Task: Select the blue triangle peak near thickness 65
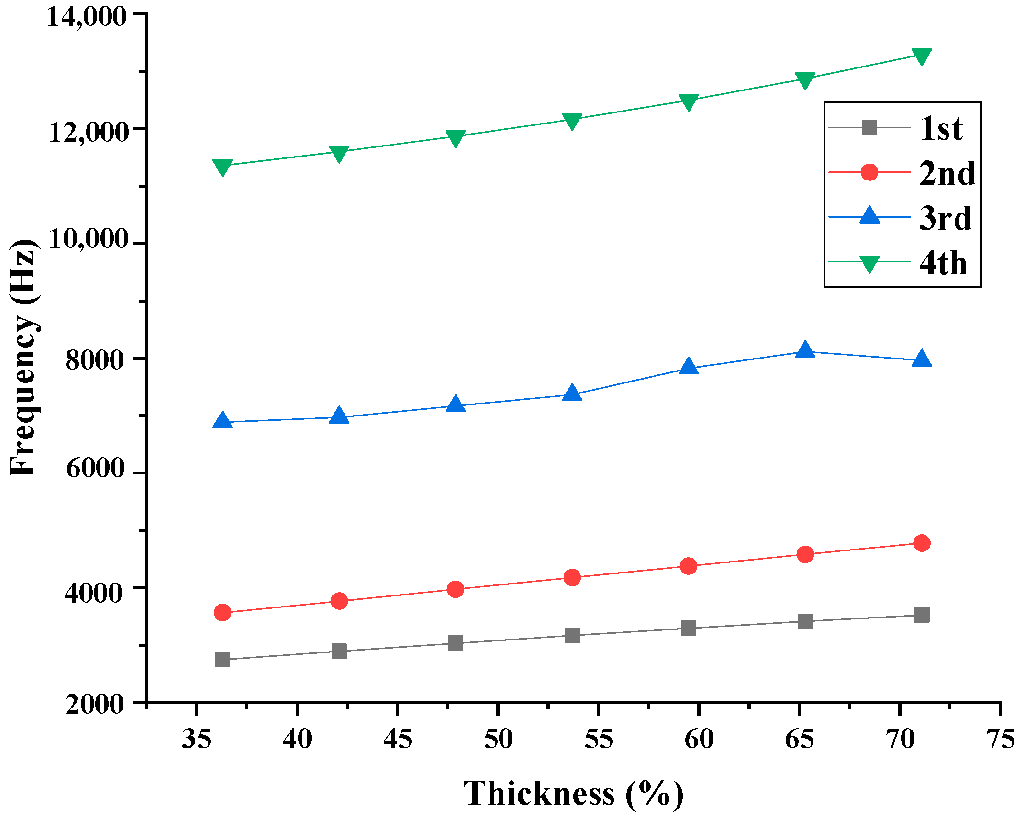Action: (x=805, y=350)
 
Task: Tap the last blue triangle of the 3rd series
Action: (x=922, y=359)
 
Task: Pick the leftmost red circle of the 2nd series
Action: (x=223, y=612)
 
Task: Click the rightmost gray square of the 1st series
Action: (x=922, y=615)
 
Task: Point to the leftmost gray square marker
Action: (x=223, y=660)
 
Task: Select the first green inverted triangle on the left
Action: (x=223, y=168)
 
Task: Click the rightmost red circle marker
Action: (x=922, y=543)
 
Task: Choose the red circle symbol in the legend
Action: (x=869, y=172)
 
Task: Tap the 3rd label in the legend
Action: (x=945, y=218)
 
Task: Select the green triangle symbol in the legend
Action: (x=869, y=263)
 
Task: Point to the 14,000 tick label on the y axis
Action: (x=87, y=16)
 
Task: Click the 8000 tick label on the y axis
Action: (x=95, y=359)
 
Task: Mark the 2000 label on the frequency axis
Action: (x=95, y=704)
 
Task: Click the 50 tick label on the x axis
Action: (x=498, y=739)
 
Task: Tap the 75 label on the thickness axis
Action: (x=1000, y=739)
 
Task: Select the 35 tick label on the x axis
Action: (x=197, y=739)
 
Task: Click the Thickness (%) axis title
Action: (x=573, y=794)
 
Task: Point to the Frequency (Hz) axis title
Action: (x=23, y=358)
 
